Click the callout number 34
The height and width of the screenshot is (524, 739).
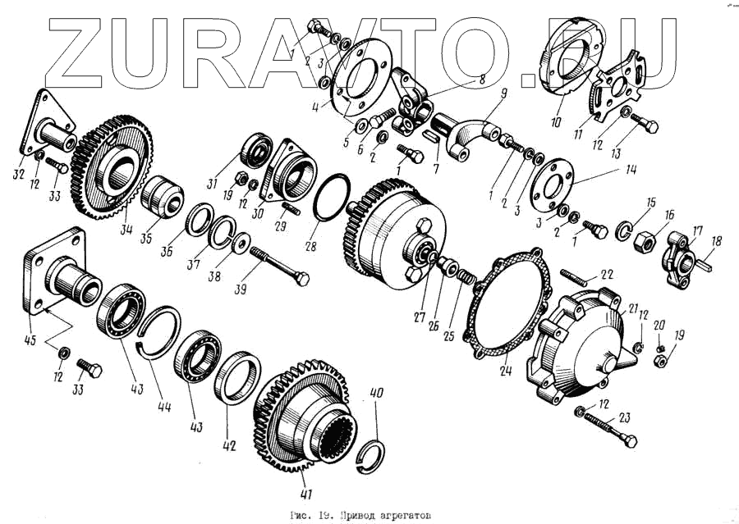pos(126,230)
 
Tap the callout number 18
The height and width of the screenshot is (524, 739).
pos(716,240)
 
